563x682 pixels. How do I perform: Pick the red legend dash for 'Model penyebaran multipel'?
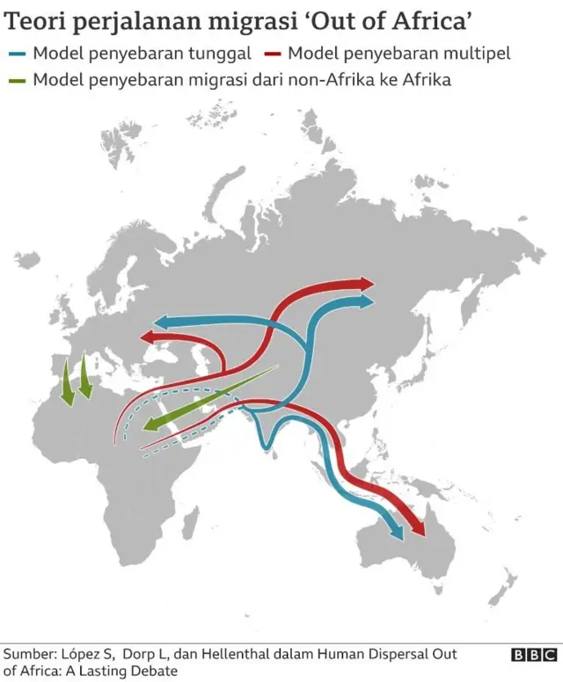pos(271,54)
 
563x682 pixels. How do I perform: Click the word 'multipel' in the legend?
pos(474,54)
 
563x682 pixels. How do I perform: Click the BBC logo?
pos(534,655)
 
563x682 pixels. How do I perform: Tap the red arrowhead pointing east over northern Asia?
pos(363,284)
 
